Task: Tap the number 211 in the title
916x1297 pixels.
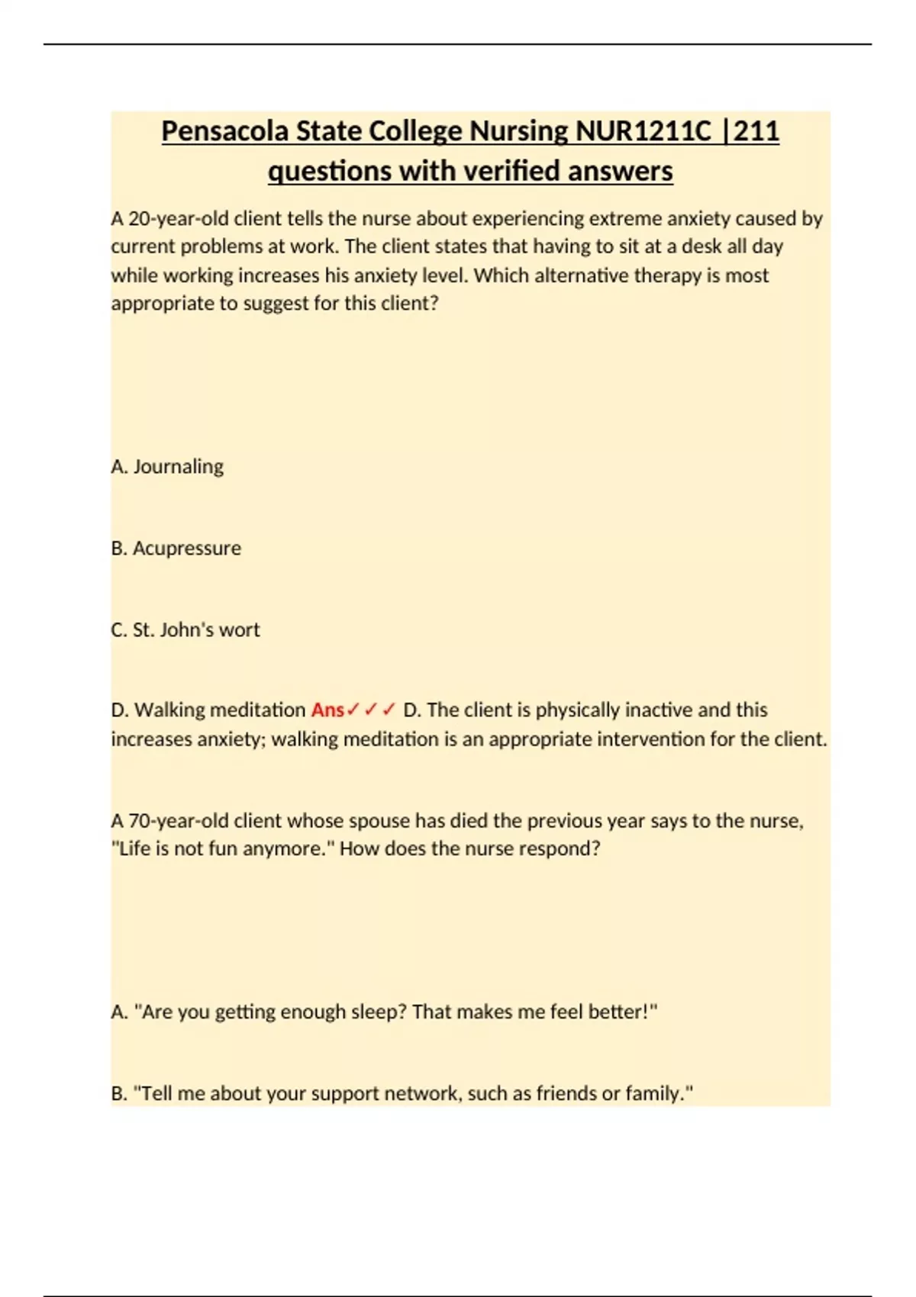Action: pyautogui.click(x=756, y=131)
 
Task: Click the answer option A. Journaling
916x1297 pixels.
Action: pyautogui.click(x=167, y=466)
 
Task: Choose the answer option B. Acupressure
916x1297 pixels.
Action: pyautogui.click(x=176, y=548)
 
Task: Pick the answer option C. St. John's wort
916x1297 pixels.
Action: pyautogui.click(x=185, y=629)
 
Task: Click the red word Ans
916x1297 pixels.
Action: pyautogui.click(x=327, y=710)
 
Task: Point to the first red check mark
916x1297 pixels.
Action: pyautogui.click(x=353, y=710)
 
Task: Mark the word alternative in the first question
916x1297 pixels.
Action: pyautogui.click(x=581, y=275)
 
